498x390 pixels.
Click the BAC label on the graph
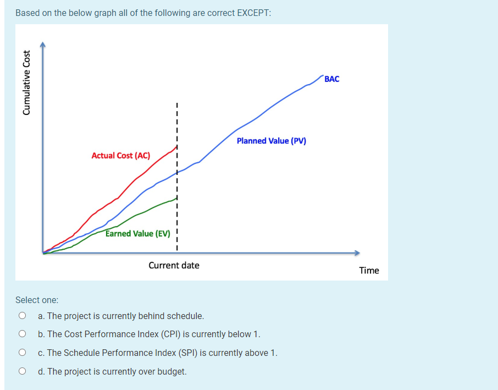click(332, 79)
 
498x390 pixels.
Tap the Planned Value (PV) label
click(271, 141)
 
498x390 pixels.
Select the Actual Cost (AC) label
click(120, 156)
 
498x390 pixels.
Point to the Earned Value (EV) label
click(138, 234)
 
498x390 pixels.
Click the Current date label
click(174, 266)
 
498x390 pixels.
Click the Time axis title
click(369, 270)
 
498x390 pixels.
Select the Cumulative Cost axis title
click(26, 83)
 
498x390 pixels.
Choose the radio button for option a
click(23, 316)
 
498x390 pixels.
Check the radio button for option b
click(23, 334)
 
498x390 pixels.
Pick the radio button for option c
click(23, 353)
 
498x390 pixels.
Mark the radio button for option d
click(23, 371)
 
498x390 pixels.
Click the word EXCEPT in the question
click(253, 13)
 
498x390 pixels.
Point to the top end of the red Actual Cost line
click(176, 146)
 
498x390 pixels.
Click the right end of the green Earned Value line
click(176, 198)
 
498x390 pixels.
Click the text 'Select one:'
click(37, 300)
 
